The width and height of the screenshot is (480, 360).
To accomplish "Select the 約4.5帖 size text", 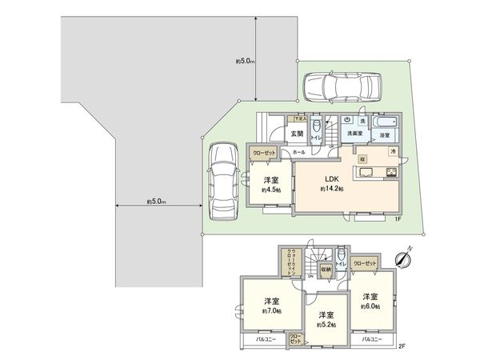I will click(271, 191).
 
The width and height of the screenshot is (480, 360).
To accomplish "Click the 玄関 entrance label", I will click(296, 133).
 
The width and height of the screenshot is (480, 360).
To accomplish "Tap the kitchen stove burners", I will click(392, 174).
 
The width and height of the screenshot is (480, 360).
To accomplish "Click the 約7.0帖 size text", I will click(273, 311).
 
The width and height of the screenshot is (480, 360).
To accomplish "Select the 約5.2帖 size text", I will click(326, 325).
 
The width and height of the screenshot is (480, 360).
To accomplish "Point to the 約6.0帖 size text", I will click(370, 306).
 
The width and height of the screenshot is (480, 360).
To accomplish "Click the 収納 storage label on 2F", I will click(326, 270).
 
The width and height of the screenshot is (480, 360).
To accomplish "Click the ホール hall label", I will click(298, 152).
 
